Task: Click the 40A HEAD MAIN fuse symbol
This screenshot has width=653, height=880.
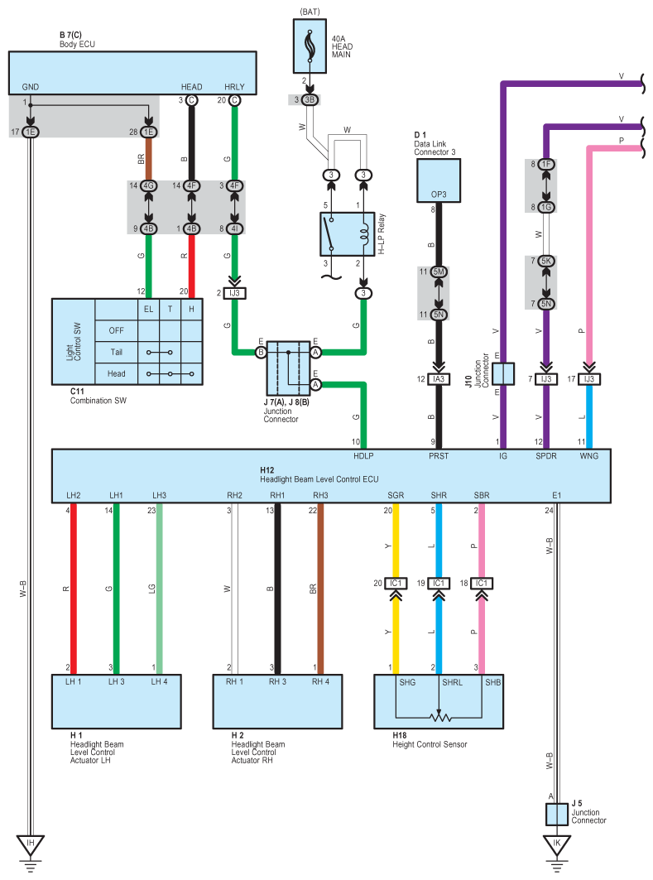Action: [x=309, y=46]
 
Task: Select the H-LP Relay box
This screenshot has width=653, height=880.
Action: [x=348, y=234]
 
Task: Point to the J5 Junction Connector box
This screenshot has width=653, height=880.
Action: [x=556, y=814]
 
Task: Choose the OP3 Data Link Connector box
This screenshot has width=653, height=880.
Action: [x=439, y=180]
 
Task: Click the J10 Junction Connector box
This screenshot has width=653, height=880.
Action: [x=503, y=374]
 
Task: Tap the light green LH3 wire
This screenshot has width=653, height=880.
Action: [x=160, y=589]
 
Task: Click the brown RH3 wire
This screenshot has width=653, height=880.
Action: [x=320, y=589]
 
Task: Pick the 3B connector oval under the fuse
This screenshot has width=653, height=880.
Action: [x=309, y=100]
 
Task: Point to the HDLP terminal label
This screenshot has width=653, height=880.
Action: [x=363, y=456]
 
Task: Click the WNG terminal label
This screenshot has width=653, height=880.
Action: [x=589, y=456]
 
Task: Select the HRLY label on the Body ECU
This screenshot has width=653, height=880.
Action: [x=234, y=87]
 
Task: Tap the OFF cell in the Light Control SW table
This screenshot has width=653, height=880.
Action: [x=116, y=330]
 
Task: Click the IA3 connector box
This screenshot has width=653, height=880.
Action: [x=439, y=379]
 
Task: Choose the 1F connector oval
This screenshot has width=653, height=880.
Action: [x=546, y=165]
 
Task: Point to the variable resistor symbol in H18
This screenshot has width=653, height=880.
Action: [x=440, y=717]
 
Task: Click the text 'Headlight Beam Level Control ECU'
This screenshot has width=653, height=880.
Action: [x=319, y=479]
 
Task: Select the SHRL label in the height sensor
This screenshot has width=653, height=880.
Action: [x=452, y=682]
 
